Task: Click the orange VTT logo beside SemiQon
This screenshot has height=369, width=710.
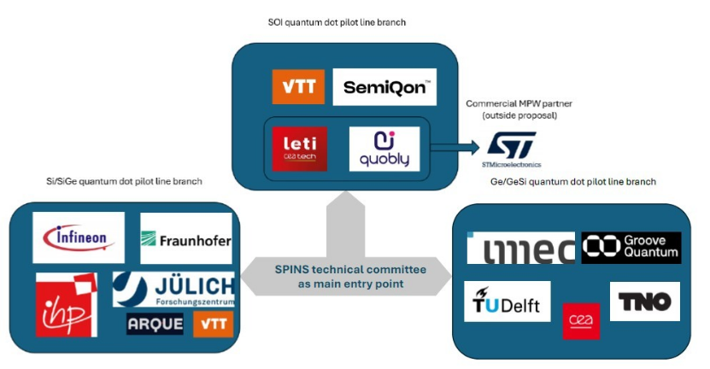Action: [298, 87]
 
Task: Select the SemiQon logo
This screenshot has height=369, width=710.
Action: [384, 87]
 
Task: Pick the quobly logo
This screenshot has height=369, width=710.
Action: [384, 149]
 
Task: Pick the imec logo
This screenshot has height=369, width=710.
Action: [520, 248]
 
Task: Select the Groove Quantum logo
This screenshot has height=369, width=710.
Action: [631, 248]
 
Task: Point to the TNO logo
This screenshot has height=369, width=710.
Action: [645, 302]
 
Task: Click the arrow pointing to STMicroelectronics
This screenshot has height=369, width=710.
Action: [453, 149]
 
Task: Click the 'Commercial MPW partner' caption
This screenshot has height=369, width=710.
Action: [519, 103]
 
